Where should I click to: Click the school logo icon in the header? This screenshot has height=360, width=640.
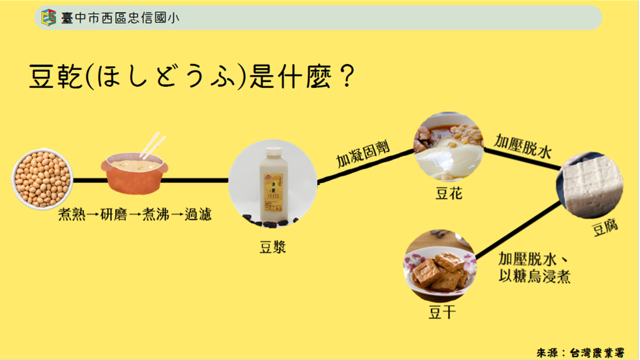pyautogui.click(x=49, y=18)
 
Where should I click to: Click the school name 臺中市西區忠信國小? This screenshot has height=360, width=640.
pyautogui.click(x=120, y=18)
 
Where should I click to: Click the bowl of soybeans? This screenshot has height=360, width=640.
pyautogui.click(x=42, y=180)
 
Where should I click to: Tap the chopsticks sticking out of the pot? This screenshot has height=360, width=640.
pyautogui.click(x=152, y=145)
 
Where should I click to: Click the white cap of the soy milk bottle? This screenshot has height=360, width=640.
pyautogui.click(x=274, y=151)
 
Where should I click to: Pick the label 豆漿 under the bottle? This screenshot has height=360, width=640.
pyautogui.click(x=273, y=247)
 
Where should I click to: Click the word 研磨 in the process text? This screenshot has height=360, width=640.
pyautogui.click(x=114, y=215)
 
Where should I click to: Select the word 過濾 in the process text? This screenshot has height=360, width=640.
pyautogui.click(x=198, y=215)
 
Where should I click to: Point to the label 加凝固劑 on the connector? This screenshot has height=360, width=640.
pyautogui.click(x=362, y=154)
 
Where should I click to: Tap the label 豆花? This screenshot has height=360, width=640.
pyautogui.click(x=449, y=194)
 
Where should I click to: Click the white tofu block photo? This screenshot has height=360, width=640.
pyautogui.click(x=590, y=185)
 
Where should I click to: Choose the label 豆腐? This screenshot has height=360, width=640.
pyautogui.click(x=605, y=228)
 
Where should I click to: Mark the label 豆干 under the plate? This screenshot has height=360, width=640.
pyautogui.click(x=442, y=312)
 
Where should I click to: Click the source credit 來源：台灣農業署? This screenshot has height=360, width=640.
pyautogui.click(x=580, y=352)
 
